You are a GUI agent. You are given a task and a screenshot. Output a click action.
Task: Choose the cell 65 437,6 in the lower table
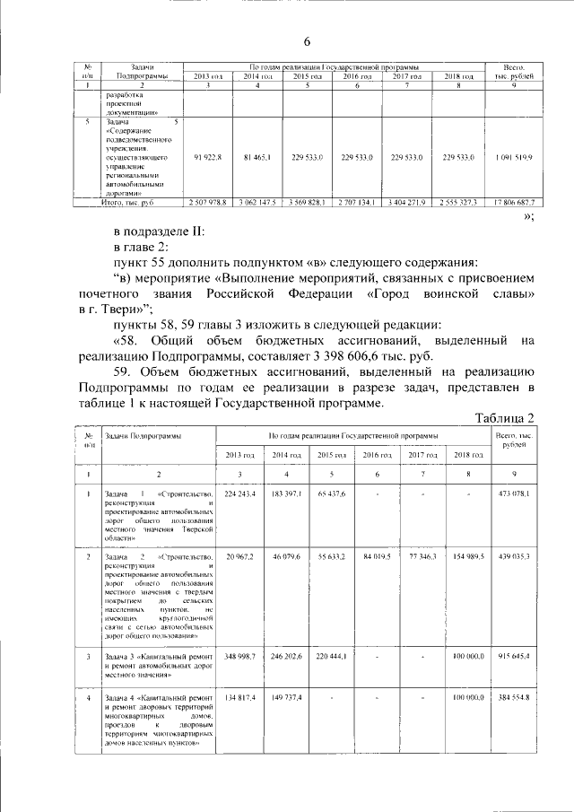(332, 494)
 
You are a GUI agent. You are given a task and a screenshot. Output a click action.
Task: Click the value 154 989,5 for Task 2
(469, 557)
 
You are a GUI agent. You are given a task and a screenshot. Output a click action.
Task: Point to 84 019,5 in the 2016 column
(378, 557)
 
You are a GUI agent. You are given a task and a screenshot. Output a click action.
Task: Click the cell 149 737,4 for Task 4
(286, 697)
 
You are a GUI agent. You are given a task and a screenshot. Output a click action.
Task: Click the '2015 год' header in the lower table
(332, 456)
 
